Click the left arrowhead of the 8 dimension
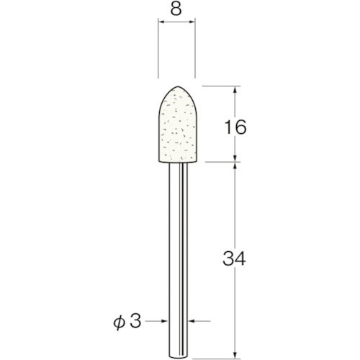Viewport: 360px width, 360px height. [x=161, y=24]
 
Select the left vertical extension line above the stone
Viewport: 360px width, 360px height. [x=158, y=50]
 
